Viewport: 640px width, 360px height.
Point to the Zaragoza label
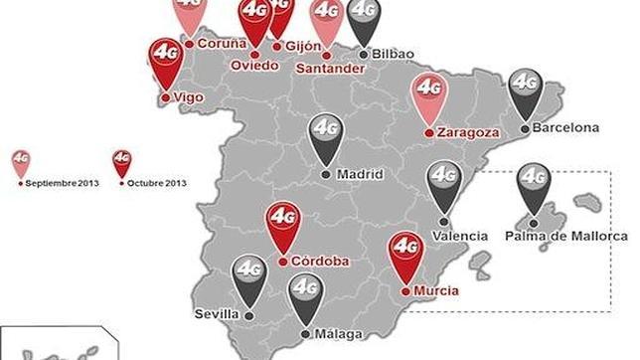(467, 131)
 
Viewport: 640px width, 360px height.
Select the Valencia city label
(461, 236)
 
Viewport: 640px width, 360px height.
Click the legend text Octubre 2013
(159, 183)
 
